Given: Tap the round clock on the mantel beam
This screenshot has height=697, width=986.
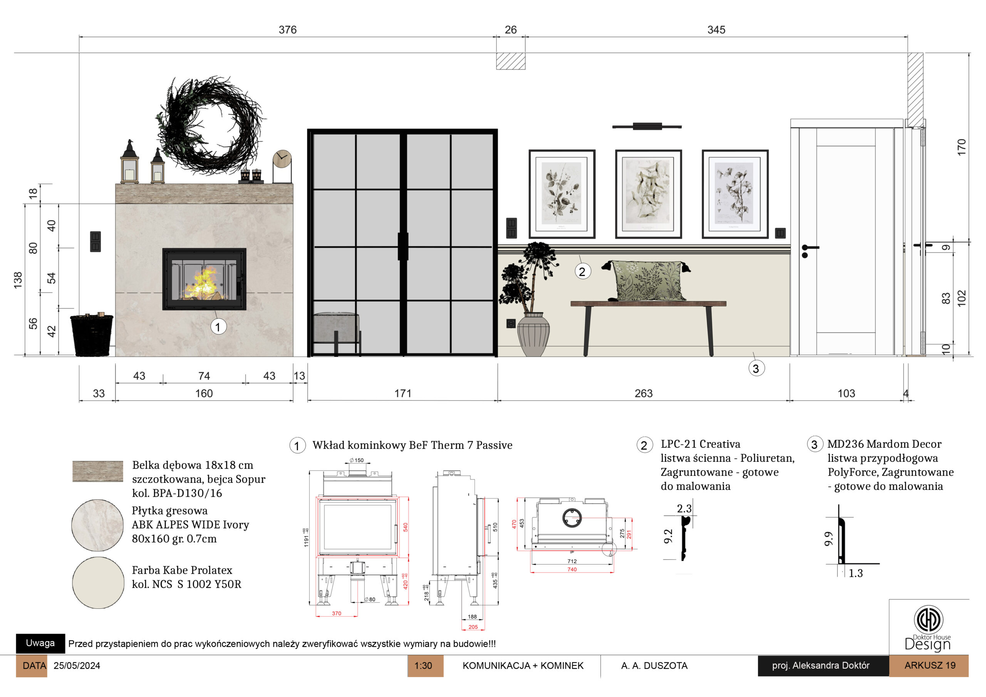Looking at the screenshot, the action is coord(282,159).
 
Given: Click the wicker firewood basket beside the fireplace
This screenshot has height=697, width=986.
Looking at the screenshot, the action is coord(92,335).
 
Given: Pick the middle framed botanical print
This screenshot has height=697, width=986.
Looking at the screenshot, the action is coord(649,194).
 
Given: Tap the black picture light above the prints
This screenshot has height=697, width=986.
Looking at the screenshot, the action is coord(647,126).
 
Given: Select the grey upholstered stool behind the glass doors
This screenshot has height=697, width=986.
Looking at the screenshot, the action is coord(336,329).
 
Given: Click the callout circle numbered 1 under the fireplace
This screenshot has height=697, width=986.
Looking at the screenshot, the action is coord(218,327).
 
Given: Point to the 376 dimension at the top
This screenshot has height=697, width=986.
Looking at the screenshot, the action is coord(288,30).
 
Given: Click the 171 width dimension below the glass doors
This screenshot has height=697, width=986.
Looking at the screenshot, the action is coord(403,394).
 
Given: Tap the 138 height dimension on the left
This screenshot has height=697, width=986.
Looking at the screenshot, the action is coord(18,280).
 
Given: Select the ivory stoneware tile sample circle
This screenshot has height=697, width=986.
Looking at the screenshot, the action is coord(97,525).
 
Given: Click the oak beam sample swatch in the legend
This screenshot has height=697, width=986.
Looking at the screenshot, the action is coord(98,471).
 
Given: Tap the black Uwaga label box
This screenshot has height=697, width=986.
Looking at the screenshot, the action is coord(40,643).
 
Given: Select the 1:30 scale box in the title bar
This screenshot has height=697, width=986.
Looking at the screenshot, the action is coord(425,666).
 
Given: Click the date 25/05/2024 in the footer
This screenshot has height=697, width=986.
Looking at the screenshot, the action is coord(77,666).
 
